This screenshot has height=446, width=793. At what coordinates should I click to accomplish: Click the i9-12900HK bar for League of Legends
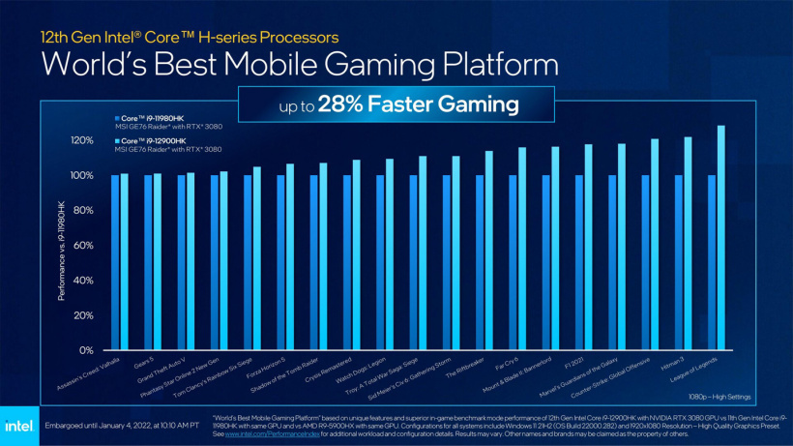pyautogui.click(x=720, y=237)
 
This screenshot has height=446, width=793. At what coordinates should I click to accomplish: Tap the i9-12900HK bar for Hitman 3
pyautogui.click(x=688, y=243)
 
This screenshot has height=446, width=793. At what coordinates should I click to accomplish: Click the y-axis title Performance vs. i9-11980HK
pyautogui.click(x=63, y=251)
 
